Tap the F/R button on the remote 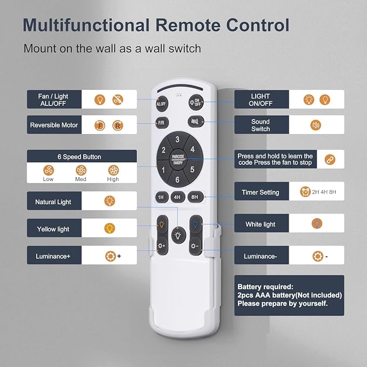[x=162, y=123]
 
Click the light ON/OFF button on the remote [x=196, y=102]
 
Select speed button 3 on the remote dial [x=177, y=139]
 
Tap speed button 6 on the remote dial [x=177, y=179]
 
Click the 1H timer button [x=162, y=197]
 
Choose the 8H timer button [x=195, y=197]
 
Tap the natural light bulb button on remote [x=178, y=236]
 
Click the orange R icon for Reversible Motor [x=118, y=126]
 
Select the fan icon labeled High [x=114, y=170]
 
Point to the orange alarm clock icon [x=305, y=192]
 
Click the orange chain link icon [x=330, y=159]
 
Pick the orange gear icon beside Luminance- [x=318, y=256]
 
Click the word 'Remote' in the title [x=188, y=25]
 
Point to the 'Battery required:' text [x=265, y=286]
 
